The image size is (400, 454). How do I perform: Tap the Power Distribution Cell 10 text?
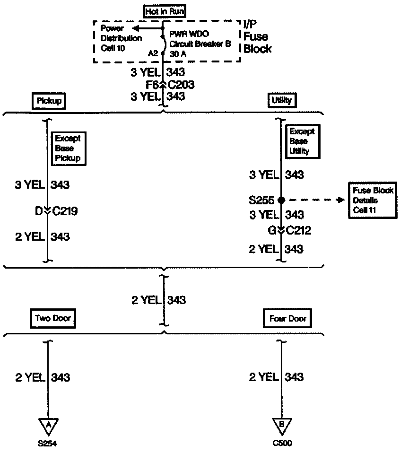pyautogui.click(x=121, y=38)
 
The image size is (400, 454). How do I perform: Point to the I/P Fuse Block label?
pyautogui.click(x=257, y=36)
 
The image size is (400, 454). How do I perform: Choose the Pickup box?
pyautogui.click(x=50, y=100)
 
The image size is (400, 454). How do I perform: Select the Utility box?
pyautogui.click(x=282, y=100)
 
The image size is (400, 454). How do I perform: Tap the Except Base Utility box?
pyautogui.click(x=302, y=141)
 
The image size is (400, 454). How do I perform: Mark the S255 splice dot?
pyautogui.click(x=281, y=200)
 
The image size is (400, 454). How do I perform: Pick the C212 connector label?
pyautogui.click(x=298, y=230)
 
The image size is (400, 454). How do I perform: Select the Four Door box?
pyautogui.click(x=287, y=319)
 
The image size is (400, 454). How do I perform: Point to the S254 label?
pyautogui.click(x=48, y=444)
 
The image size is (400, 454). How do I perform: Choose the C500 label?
pyautogui.click(x=282, y=444)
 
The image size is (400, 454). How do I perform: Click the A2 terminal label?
pyautogui.click(x=153, y=53)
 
